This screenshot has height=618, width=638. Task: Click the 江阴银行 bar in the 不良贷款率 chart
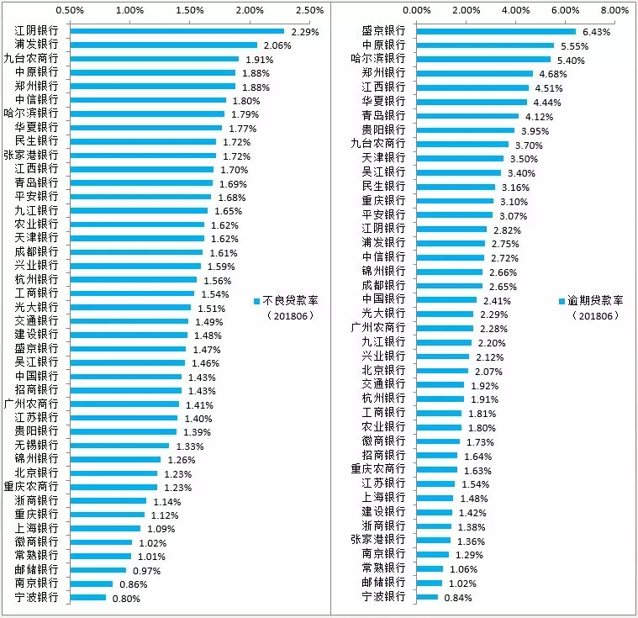pos(177,31)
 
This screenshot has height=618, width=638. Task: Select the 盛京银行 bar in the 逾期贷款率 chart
pos(496,31)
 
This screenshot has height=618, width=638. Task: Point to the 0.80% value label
pos(126,599)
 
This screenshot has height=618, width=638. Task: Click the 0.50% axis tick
pos(69,10)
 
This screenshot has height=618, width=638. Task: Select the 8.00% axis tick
pos(614,10)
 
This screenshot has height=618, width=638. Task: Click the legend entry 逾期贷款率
pos(598,301)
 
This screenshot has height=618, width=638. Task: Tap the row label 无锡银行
pos(37,445)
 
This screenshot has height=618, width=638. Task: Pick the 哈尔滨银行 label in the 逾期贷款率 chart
pos(377,59)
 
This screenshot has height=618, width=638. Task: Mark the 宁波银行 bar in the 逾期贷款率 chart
pos(427,597)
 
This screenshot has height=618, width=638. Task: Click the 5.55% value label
pos(574,45)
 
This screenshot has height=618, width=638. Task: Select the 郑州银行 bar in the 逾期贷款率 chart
pos(474,73)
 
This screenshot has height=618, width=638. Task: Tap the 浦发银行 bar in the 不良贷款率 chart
pos(163,45)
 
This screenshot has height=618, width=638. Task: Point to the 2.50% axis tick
pos(310,10)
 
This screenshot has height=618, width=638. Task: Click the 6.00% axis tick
pos(565,10)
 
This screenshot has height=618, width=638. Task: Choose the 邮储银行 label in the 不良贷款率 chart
pos(37,569)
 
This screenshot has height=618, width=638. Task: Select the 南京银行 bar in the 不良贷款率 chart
pos(91,584)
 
